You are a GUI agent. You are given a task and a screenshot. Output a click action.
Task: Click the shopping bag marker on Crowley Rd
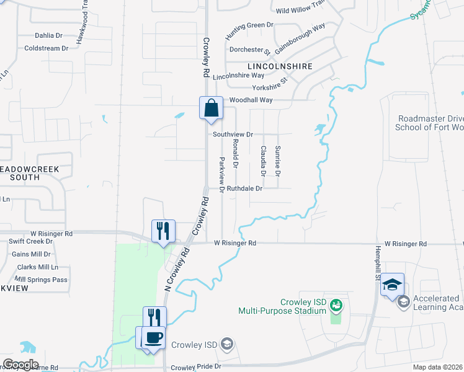[x=211, y=108]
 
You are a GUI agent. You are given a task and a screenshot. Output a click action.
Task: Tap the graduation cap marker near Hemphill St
[x=392, y=285]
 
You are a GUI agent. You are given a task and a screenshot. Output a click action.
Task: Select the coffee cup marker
[x=153, y=338]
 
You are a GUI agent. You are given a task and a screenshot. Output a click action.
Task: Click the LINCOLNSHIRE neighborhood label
[x=279, y=66]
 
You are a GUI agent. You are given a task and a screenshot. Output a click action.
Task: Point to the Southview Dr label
[x=233, y=134]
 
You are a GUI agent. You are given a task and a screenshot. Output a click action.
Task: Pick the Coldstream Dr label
[x=43, y=48]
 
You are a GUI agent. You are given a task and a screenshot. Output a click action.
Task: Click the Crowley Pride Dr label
[x=196, y=367]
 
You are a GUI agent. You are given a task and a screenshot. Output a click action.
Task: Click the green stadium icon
[x=336, y=304]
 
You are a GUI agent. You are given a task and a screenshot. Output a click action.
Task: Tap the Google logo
[x=20, y=365]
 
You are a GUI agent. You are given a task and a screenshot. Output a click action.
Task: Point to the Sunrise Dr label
[x=278, y=159]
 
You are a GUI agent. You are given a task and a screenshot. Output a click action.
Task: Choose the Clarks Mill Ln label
[x=38, y=267]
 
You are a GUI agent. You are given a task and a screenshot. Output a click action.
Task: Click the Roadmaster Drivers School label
[x=430, y=123]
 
